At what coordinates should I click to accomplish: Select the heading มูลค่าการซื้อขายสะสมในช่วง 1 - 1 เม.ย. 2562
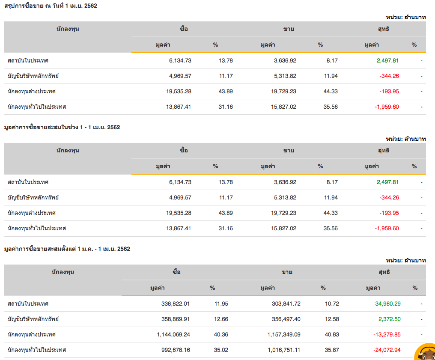(x=62, y=127)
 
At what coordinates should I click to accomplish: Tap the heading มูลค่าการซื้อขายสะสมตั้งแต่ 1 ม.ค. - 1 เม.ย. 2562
(x=67, y=249)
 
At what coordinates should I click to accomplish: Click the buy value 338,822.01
(x=173, y=303)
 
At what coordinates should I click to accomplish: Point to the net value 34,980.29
(x=388, y=303)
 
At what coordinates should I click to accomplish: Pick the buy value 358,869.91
(x=173, y=319)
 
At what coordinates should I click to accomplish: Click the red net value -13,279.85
(x=387, y=334)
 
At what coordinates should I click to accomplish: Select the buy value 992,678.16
(x=173, y=350)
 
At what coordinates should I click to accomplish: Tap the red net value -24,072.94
(x=387, y=350)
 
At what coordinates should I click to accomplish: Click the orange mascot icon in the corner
(x=426, y=352)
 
